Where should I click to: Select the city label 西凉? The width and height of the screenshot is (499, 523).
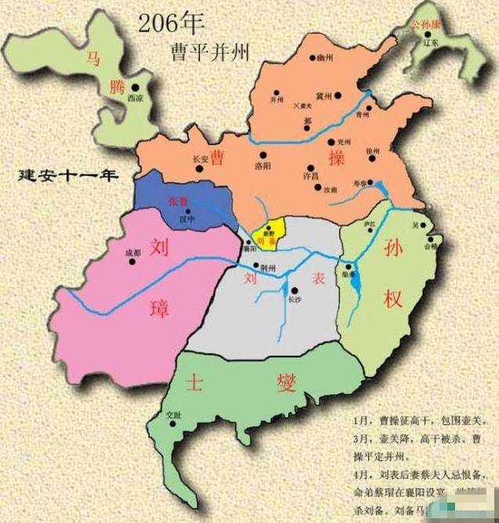coord(136,99)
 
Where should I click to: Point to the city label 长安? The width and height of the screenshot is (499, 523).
coord(201,159)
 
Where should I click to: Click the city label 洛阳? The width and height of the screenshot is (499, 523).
coord(264,166)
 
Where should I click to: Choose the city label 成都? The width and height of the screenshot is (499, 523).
coord(133,253)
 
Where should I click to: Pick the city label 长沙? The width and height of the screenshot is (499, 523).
coord(293,298)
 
